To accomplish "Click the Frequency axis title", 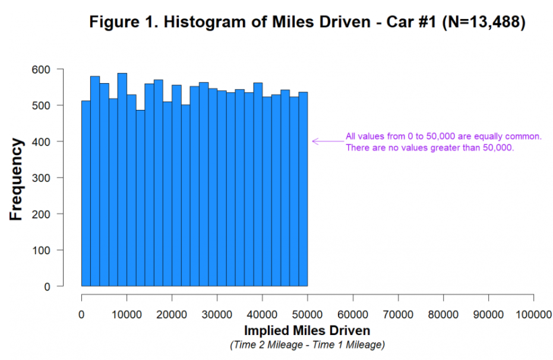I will click(16, 179).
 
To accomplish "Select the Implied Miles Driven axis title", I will click(307, 330).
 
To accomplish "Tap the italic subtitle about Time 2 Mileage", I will click(307, 345).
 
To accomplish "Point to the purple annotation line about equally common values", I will click(444, 137).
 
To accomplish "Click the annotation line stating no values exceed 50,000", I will click(429, 147).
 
